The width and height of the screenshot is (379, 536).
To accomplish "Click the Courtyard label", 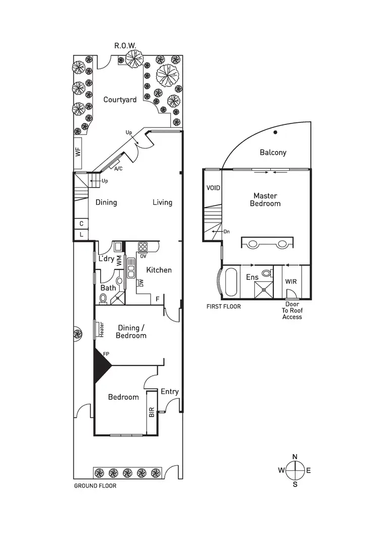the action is (x=120, y=100).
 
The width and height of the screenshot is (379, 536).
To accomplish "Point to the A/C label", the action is (x=119, y=168).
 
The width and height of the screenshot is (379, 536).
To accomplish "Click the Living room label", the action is (x=162, y=202).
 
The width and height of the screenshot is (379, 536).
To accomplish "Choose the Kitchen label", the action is (x=159, y=270).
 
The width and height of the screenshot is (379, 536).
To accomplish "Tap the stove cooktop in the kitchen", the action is (x=143, y=247).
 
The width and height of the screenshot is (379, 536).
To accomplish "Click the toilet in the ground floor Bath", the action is (x=103, y=298).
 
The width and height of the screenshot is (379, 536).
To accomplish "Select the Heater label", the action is (x=102, y=330).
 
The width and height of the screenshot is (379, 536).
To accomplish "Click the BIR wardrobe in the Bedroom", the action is (x=151, y=412).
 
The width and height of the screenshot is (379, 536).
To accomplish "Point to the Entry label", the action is (x=169, y=391).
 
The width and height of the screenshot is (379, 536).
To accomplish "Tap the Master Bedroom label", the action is (x=267, y=199).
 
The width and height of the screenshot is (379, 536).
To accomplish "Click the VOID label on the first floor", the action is (x=213, y=188).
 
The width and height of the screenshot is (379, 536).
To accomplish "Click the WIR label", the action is (x=291, y=281).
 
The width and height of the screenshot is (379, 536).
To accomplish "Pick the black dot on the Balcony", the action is (x=275, y=133).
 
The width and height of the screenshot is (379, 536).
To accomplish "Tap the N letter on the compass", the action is (x=295, y=457).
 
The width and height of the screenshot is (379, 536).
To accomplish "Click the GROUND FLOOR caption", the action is (x=95, y=486).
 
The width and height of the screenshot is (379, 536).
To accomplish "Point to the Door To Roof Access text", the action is (x=292, y=311).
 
